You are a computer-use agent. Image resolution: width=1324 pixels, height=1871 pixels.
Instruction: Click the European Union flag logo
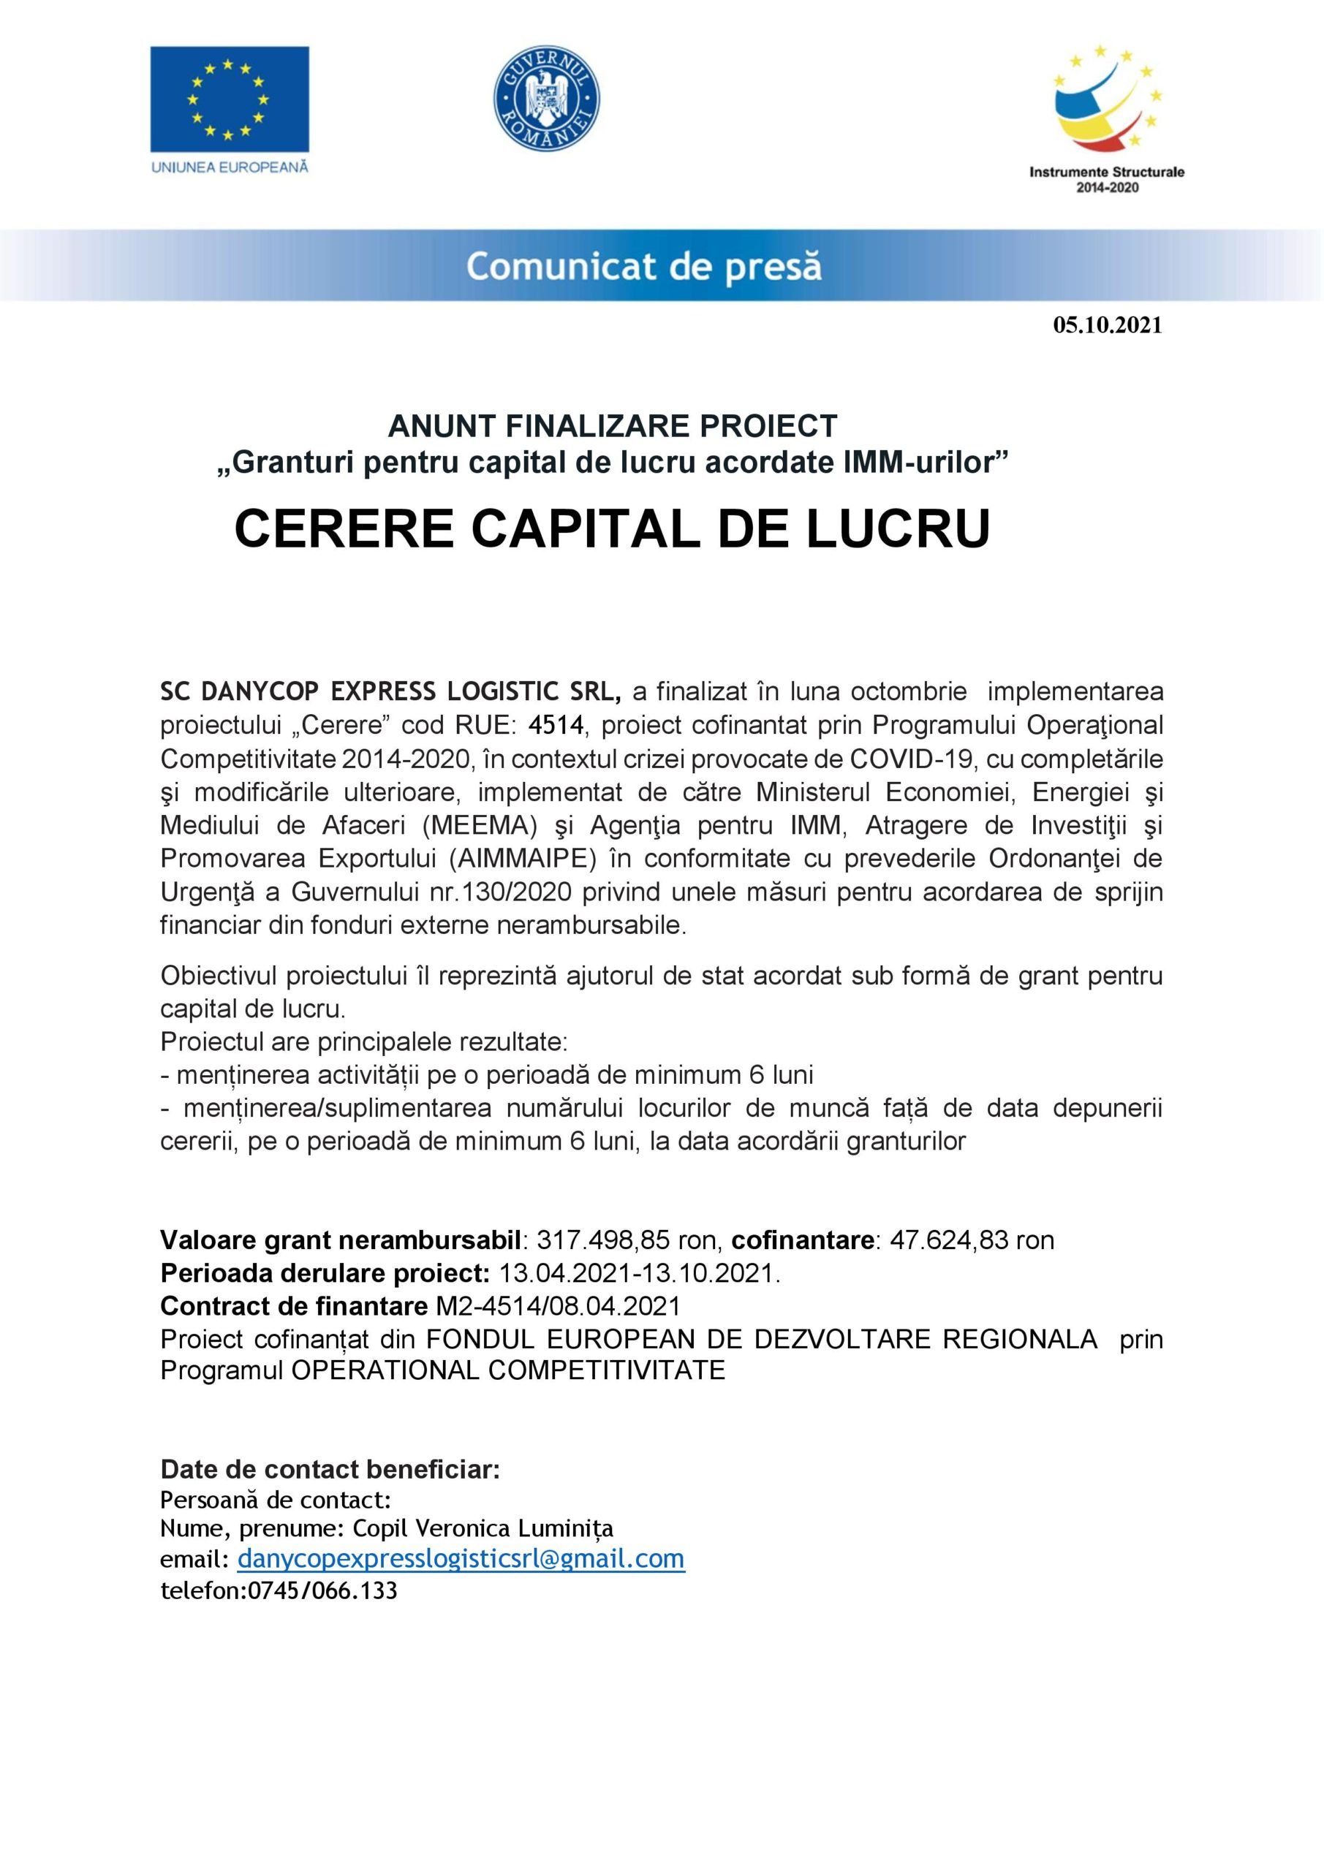click(x=229, y=99)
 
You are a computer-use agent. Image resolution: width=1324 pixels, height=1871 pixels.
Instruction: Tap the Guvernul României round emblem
click(x=548, y=99)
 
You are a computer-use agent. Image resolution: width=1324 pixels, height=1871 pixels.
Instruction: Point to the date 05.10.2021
click(x=1107, y=325)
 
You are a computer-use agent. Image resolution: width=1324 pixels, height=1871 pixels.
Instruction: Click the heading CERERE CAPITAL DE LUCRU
click(x=611, y=528)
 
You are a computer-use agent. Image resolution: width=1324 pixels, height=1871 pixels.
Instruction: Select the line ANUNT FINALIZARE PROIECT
click(x=612, y=425)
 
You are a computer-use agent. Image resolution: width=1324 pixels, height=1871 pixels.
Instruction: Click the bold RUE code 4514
click(x=557, y=725)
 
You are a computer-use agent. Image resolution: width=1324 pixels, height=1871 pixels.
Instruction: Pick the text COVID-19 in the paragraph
click(x=912, y=759)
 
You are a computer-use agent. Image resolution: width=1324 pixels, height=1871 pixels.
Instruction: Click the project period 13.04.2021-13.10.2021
click(x=636, y=1274)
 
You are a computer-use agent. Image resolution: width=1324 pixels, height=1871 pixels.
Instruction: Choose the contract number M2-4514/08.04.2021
click(x=558, y=1306)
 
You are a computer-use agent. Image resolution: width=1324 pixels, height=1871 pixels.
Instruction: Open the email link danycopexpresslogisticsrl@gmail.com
click(x=461, y=1559)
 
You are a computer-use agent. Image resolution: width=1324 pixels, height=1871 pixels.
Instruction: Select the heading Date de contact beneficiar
click(x=330, y=1468)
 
